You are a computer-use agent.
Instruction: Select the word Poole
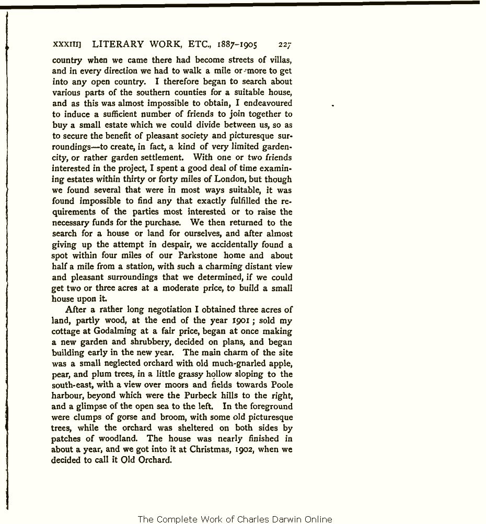click(x=282, y=385)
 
